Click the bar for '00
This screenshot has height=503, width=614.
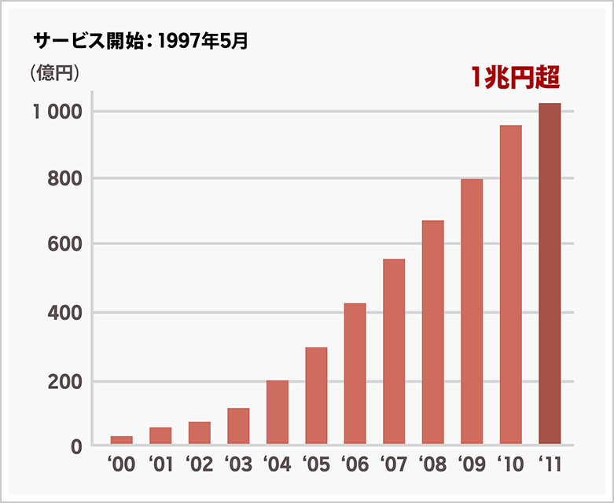(122, 440)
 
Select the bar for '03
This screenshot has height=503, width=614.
(238, 426)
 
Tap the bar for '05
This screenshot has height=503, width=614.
(316, 396)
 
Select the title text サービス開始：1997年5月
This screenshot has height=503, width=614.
(141, 40)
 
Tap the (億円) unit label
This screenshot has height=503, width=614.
(53, 73)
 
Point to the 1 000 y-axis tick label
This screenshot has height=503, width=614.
(57, 112)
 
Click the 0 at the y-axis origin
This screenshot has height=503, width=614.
(76, 447)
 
